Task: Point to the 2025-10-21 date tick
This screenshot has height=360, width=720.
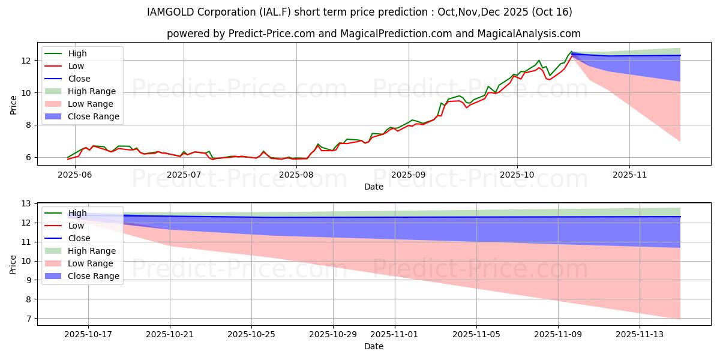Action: coord(170,334)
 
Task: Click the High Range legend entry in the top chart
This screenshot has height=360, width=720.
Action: coord(92,91)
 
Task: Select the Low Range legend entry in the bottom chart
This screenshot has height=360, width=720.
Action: coord(91,263)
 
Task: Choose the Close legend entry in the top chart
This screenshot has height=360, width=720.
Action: coord(79,79)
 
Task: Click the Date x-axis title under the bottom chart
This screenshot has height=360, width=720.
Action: coord(373,346)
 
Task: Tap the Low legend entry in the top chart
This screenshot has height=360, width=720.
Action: coord(76,66)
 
